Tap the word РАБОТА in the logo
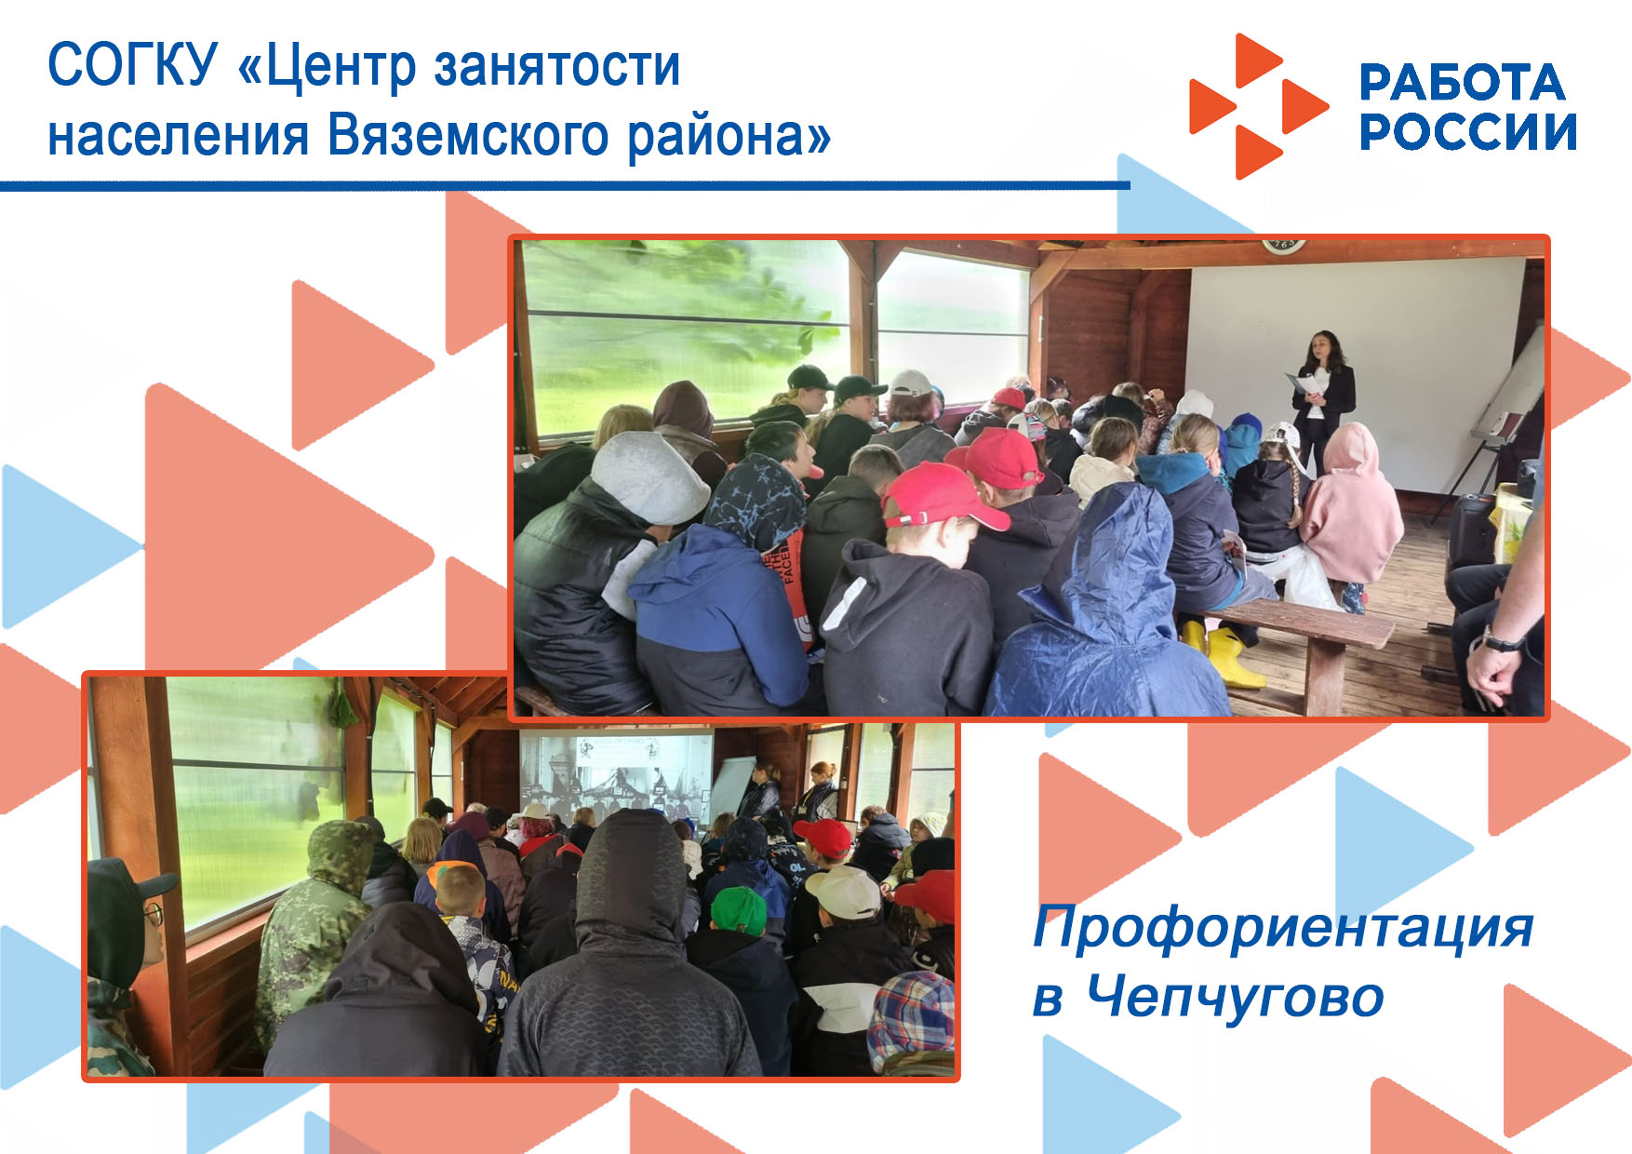(x=1462, y=83)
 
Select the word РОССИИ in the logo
(x=1468, y=131)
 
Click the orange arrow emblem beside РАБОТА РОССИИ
(x=1259, y=106)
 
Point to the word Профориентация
(x=1284, y=928)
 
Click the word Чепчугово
(x=1236, y=998)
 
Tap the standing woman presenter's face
(x=1320, y=349)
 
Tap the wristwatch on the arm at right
(x=1500, y=641)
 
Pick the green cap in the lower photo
(x=738, y=909)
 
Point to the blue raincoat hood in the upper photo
(x=1114, y=546)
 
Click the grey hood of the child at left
(x=650, y=476)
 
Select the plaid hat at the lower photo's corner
(x=912, y=1021)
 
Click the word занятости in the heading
(x=557, y=68)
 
